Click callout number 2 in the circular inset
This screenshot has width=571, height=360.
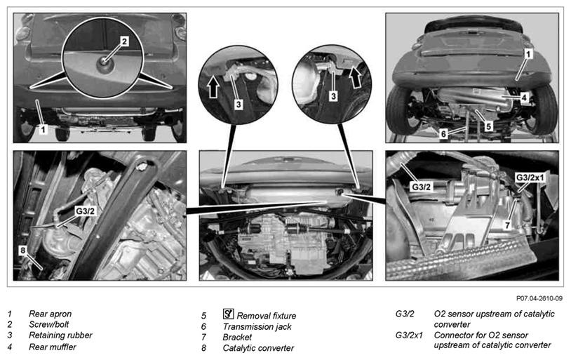pyautogui.click(x=123, y=41)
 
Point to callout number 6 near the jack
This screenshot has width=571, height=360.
pyautogui.click(x=443, y=131)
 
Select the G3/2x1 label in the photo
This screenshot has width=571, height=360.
pyautogui.click(x=531, y=178)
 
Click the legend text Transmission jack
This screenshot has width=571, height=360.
pyautogui.click(x=257, y=326)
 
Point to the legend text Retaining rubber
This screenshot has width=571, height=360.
pyautogui.click(x=60, y=335)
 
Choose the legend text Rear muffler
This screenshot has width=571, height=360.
pyautogui.click(x=53, y=347)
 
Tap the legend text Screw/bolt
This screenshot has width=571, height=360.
pyautogui.click(x=51, y=324)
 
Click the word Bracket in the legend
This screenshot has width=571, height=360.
pyautogui.click(x=238, y=338)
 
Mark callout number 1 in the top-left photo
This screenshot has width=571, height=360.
pyautogui.click(x=43, y=130)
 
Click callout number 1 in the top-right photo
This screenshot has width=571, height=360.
pyautogui.click(x=528, y=53)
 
